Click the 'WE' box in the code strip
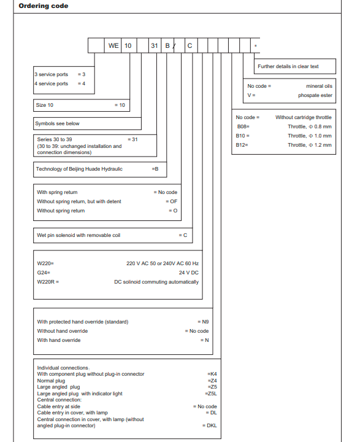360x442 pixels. [114, 45]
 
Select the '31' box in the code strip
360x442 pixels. [155, 45]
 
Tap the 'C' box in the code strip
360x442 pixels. [190, 45]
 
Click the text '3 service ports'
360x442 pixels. [52, 74]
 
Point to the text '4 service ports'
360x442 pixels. [52, 83]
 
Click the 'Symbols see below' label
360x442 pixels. [58, 123]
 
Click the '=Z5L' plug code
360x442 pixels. [212, 394]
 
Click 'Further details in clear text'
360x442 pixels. [288, 66]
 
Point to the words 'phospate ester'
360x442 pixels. [315, 95]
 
